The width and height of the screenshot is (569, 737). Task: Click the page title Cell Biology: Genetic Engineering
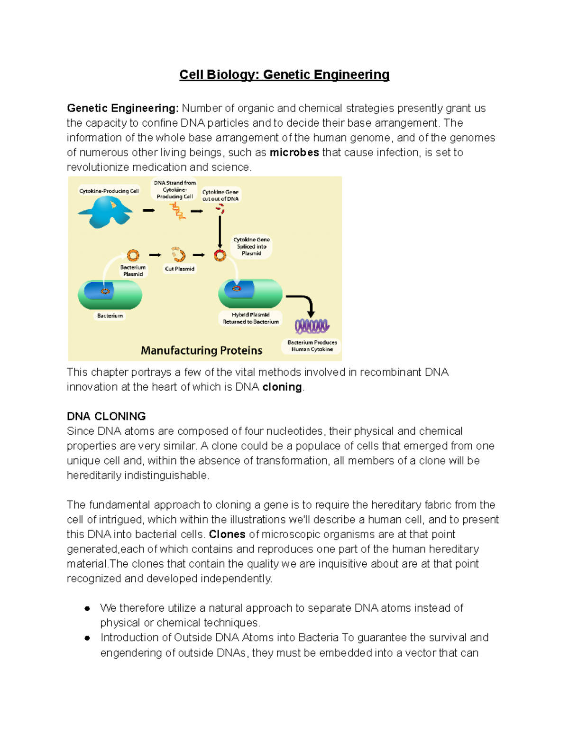tap(284, 75)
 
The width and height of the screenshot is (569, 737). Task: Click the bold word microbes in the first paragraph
tap(294, 153)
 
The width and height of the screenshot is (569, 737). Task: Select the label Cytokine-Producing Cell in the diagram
tap(109, 191)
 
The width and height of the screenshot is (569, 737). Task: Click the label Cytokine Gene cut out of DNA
tap(220, 196)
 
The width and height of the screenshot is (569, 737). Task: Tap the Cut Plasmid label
tap(180, 269)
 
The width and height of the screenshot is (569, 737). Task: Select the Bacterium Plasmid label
tap(133, 271)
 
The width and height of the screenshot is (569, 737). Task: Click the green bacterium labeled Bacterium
tap(110, 295)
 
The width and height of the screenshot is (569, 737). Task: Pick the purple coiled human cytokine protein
tap(312, 326)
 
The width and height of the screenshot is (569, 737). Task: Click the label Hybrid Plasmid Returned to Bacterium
tap(251, 318)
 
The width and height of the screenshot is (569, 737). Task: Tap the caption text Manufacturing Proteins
tap(202, 350)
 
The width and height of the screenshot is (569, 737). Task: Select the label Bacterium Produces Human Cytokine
tap(312, 345)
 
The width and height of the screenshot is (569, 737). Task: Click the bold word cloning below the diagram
tap(282, 387)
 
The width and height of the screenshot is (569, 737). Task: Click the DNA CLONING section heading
tap(106, 416)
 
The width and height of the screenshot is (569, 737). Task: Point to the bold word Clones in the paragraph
tap(227, 534)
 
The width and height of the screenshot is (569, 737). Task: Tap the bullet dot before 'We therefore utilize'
tap(87, 608)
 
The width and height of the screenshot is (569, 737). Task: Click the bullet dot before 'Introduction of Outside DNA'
tap(87, 638)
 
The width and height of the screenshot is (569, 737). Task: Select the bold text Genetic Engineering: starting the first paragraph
tap(123, 108)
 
